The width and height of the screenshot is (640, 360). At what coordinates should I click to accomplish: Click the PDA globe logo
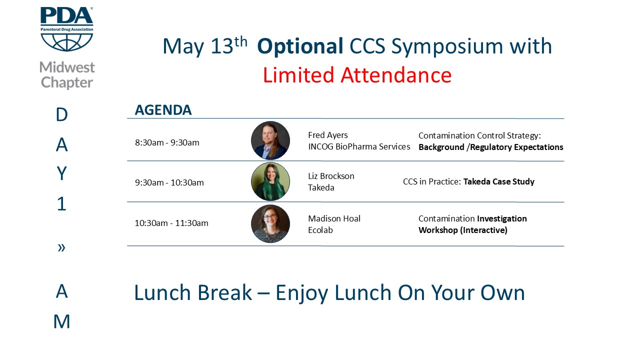pyautogui.click(x=67, y=29)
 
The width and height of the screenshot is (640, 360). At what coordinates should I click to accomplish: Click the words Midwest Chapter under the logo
pyautogui.click(x=67, y=75)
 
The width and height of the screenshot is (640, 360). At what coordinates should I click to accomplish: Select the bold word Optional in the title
pyautogui.click(x=300, y=47)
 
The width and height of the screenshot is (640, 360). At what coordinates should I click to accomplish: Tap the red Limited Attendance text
pyautogui.click(x=357, y=75)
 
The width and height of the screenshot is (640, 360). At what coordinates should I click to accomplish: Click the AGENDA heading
pyautogui.click(x=163, y=110)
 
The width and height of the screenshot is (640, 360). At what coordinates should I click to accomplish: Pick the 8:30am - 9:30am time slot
pyautogui.click(x=167, y=142)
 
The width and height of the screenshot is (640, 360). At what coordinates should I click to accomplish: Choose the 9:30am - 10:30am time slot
pyautogui.click(x=169, y=182)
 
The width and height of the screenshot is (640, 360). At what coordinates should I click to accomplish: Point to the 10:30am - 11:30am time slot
pyautogui.click(x=171, y=223)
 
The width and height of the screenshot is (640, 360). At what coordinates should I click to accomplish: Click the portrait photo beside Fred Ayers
pyautogui.click(x=270, y=140)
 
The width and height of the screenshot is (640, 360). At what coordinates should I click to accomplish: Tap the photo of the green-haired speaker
pyautogui.click(x=270, y=181)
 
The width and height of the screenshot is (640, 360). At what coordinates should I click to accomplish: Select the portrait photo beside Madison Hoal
pyautogui.click(x=270, y=223)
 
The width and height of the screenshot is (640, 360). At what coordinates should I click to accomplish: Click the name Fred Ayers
pyautogui.click(x=327, y=135)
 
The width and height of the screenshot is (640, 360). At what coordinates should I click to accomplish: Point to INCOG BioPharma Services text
pyautogui.click(x=359, y=146)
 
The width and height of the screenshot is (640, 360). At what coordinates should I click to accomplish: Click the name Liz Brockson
pyautogui.click(x=331, y=176)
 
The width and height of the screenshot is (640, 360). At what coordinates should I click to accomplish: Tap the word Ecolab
pyautogui.click(x=320, y=230)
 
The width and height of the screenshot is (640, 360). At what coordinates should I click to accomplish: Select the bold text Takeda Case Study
pyautogui.click(x=499, y=181)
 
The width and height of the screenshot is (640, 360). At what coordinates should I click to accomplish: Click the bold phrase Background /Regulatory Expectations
pyautogui.click(x=491, y=147)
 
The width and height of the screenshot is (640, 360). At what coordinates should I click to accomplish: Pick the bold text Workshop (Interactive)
pyautogui.click(x=463, y=230)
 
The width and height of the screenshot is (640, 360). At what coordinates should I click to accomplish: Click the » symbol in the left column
pyautogui.click(x=61, y=247)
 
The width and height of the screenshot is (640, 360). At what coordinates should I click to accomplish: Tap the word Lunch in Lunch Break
pyautogui.click(x=162, y=292)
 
